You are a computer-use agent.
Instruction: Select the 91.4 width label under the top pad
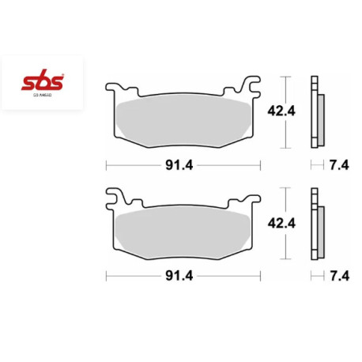click(183, 166)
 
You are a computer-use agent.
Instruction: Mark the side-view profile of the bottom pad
click(318, 223)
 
